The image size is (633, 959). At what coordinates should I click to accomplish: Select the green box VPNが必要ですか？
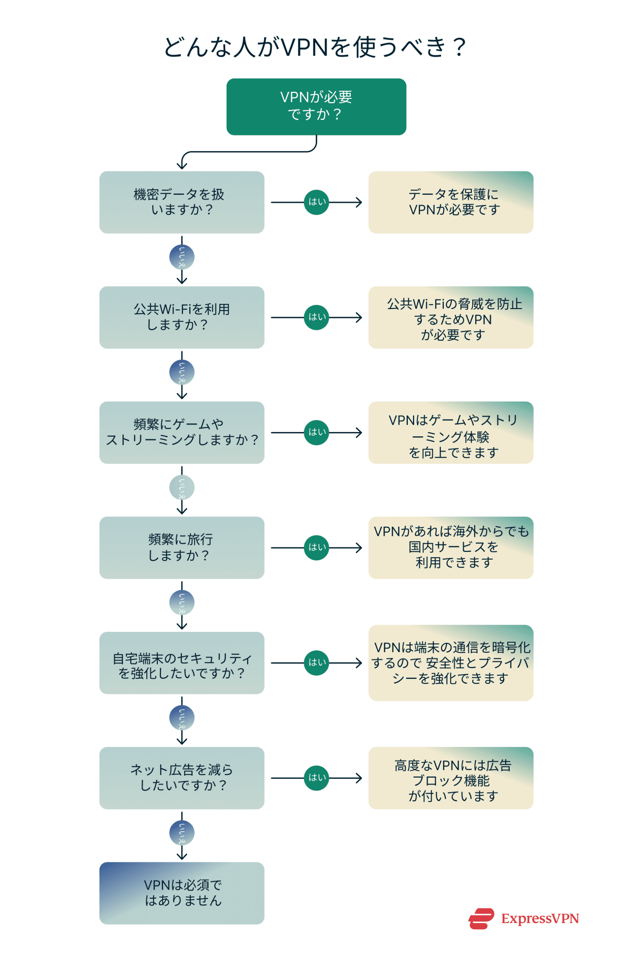coord(316,106)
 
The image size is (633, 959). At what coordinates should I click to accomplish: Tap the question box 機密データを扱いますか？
coord(182,202)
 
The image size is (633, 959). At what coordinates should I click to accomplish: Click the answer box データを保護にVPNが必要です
coord(450,202)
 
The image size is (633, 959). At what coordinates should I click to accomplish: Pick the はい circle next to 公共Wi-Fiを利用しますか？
coord(316,317)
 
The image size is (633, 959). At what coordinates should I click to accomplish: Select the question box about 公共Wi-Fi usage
coord(182,317)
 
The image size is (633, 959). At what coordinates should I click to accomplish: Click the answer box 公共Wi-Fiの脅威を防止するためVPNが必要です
coord(450,317)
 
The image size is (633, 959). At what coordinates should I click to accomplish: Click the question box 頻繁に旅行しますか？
coord(182,547)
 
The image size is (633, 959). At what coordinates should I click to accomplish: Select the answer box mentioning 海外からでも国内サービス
coord(450,547)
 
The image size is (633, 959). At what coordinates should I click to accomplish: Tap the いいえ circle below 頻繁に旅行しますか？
coord(182,602)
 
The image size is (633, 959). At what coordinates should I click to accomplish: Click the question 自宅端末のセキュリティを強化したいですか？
coord(182,662)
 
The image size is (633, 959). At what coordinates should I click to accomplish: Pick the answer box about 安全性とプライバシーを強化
coord(450,662)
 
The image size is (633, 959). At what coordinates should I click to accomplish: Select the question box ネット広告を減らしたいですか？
coord(182,777)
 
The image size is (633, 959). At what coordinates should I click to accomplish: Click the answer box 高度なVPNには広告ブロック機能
coord(450,777)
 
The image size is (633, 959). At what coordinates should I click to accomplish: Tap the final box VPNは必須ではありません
coord(182,893)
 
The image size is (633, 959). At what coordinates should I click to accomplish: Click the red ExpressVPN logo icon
coord(481,918)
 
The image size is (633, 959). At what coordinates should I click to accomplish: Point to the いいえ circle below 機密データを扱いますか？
coord(182,257)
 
